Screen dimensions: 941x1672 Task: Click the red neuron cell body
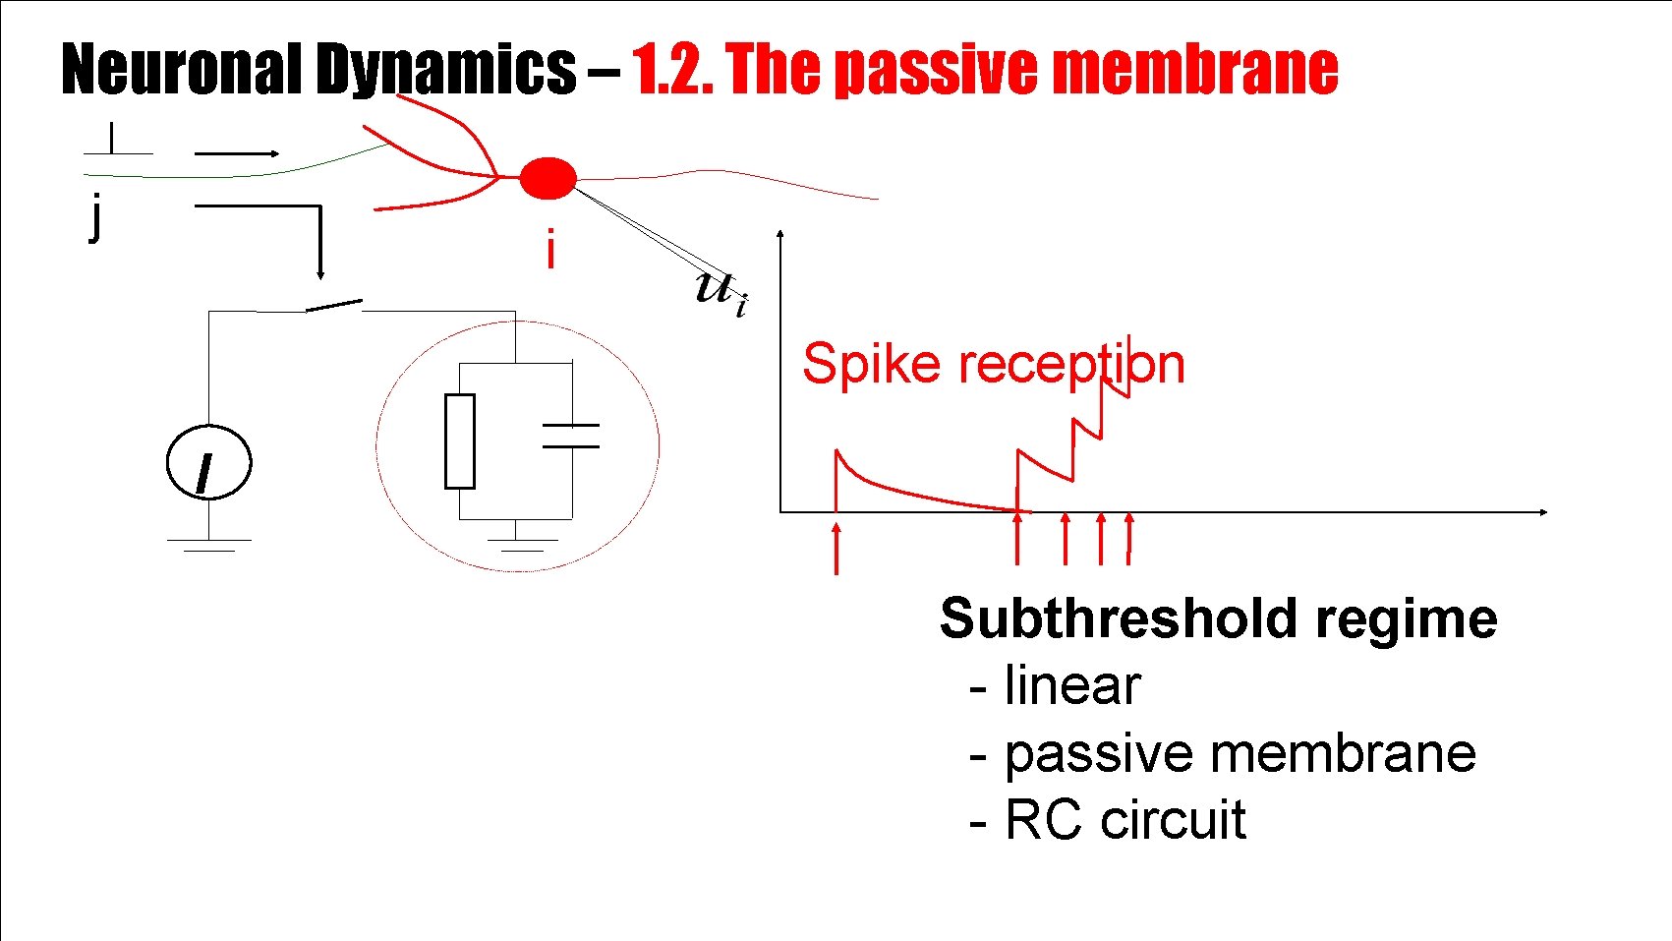[547, 178]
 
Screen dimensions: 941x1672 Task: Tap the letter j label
[94, 217]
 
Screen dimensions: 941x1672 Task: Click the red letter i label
[550, 250]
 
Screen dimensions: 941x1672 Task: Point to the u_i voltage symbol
[720, 290]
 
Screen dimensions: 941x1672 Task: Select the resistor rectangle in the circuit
[459, 441]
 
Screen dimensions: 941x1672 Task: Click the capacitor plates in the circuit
[571, 437]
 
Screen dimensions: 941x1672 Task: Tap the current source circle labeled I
[208, 463]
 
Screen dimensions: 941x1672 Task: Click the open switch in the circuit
[334, 306]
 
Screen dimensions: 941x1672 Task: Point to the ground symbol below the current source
[208, 544]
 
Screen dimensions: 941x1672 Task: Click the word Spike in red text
[871, 364]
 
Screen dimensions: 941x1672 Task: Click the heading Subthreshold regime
[1218, 618]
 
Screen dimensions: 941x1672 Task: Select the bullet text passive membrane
[1239, 753]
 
